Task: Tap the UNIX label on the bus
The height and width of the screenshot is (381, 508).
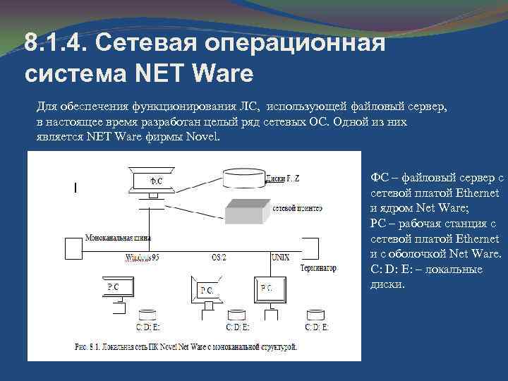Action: pos(281,257)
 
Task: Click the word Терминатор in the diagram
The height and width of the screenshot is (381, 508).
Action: pos(317,268)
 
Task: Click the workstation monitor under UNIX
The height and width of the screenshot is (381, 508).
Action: pos(268,288)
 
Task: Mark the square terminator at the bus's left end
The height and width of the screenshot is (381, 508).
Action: pos(73,248)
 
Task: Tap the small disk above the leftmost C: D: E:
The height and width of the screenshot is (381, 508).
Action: pos(148,315)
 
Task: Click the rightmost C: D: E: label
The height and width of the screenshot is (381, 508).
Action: pos(316,327)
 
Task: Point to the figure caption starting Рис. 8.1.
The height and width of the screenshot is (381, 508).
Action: pos(183,347)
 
